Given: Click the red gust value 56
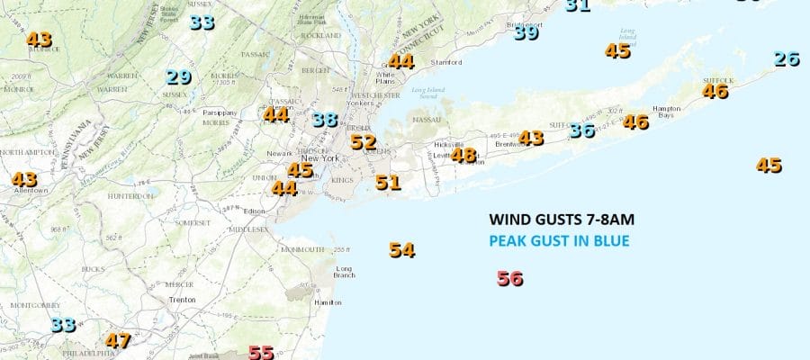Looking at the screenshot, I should tap(510, 279).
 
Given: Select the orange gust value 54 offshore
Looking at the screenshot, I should tap(402, 251).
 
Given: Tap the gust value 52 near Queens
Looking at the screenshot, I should tap(364, 142).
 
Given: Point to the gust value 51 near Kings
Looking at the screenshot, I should tap(388, 184).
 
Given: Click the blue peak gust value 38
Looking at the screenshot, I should tap(325, 120).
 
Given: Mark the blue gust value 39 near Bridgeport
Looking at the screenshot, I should tap(526, 33).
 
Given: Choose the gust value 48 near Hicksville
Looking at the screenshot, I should tap(463, 156).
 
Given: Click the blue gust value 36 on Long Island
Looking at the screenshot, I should tap(582, 130).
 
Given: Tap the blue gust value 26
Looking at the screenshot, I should tap(787, 59).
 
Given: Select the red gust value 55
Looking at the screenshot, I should tap(261, 353).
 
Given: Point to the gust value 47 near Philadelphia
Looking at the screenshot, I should tap(118, 341).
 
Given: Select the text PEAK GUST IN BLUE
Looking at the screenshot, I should tap(559, 241).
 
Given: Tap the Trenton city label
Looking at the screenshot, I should tap(184, 299).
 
